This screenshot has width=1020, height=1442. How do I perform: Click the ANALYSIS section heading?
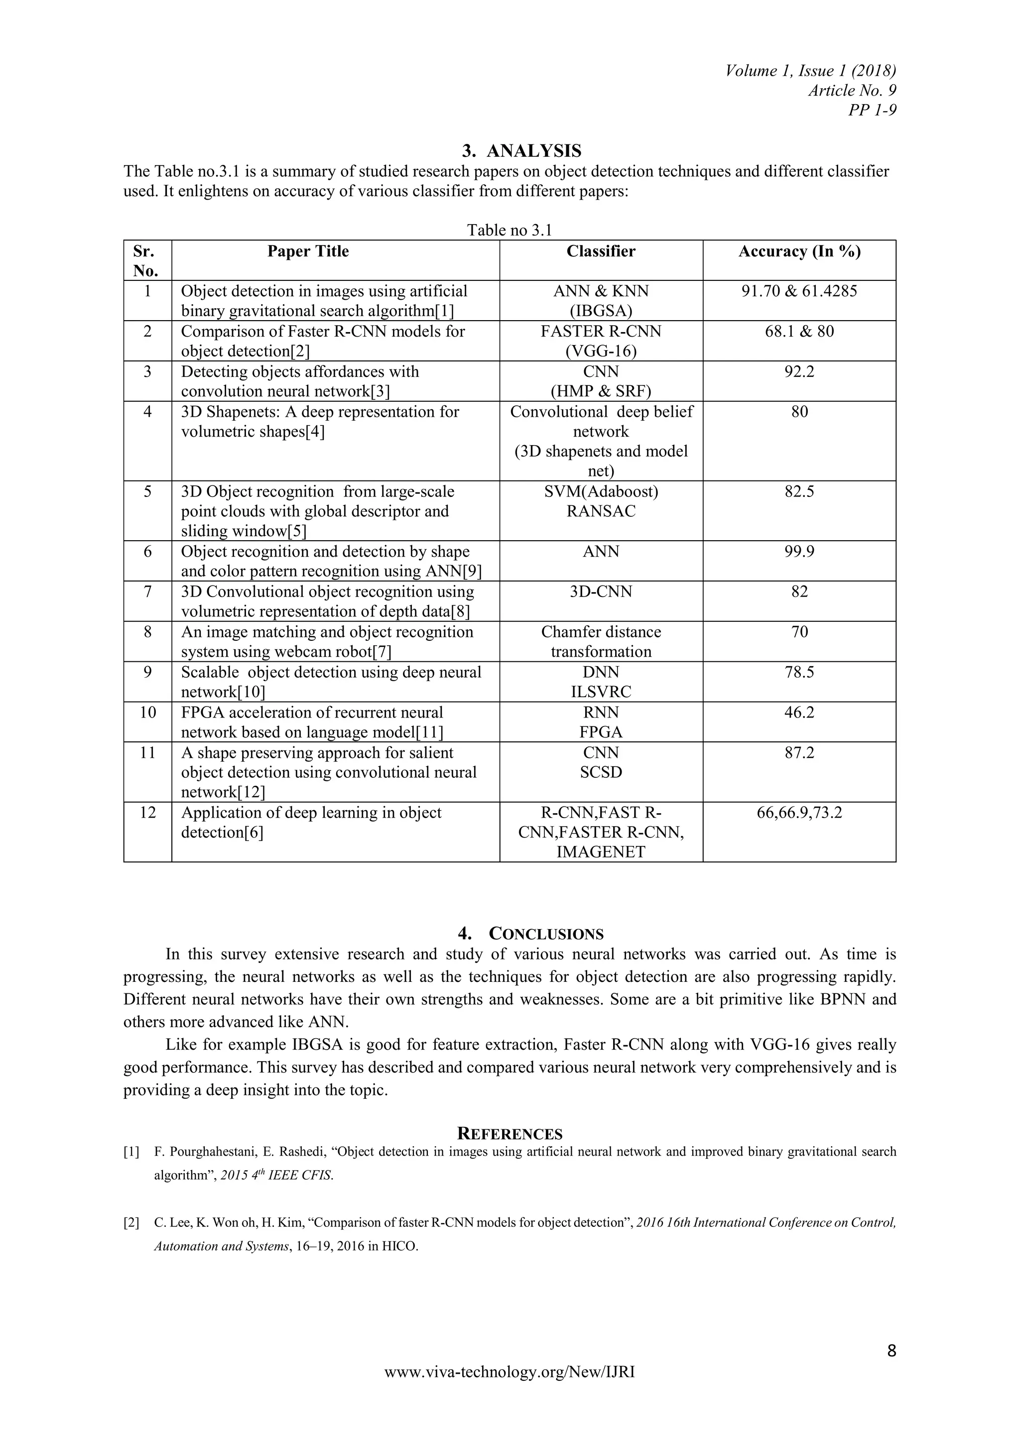tap(521, 151)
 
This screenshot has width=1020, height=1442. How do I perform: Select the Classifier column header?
tap(601, 251)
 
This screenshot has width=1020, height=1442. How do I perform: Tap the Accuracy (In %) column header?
tap(799, 251)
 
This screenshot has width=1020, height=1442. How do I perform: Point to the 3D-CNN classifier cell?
tap(601, 592)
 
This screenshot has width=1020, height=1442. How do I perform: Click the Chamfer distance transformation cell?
tap(601, 641)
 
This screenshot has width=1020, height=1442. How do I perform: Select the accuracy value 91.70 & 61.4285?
tap(799, 291)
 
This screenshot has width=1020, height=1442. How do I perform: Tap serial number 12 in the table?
tap(147, 813)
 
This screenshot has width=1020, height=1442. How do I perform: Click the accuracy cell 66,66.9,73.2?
tap(799, 813)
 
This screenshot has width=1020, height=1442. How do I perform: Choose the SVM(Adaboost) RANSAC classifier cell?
tap(601, 501)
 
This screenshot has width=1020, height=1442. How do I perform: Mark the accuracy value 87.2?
tap(799, 752)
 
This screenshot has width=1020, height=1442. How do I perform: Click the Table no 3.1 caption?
tap(510, 230)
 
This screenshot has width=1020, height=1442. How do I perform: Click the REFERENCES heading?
tap(510, 1134)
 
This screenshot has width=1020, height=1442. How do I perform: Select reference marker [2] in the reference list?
tap(131, 1223)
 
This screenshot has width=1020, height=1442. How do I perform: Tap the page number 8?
tap(891, 1350)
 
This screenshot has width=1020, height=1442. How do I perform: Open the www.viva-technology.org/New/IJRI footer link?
tap(510, 1372)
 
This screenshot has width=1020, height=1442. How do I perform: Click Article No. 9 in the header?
tap(852, 91)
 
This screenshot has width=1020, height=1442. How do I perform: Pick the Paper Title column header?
tap(308, 251)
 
